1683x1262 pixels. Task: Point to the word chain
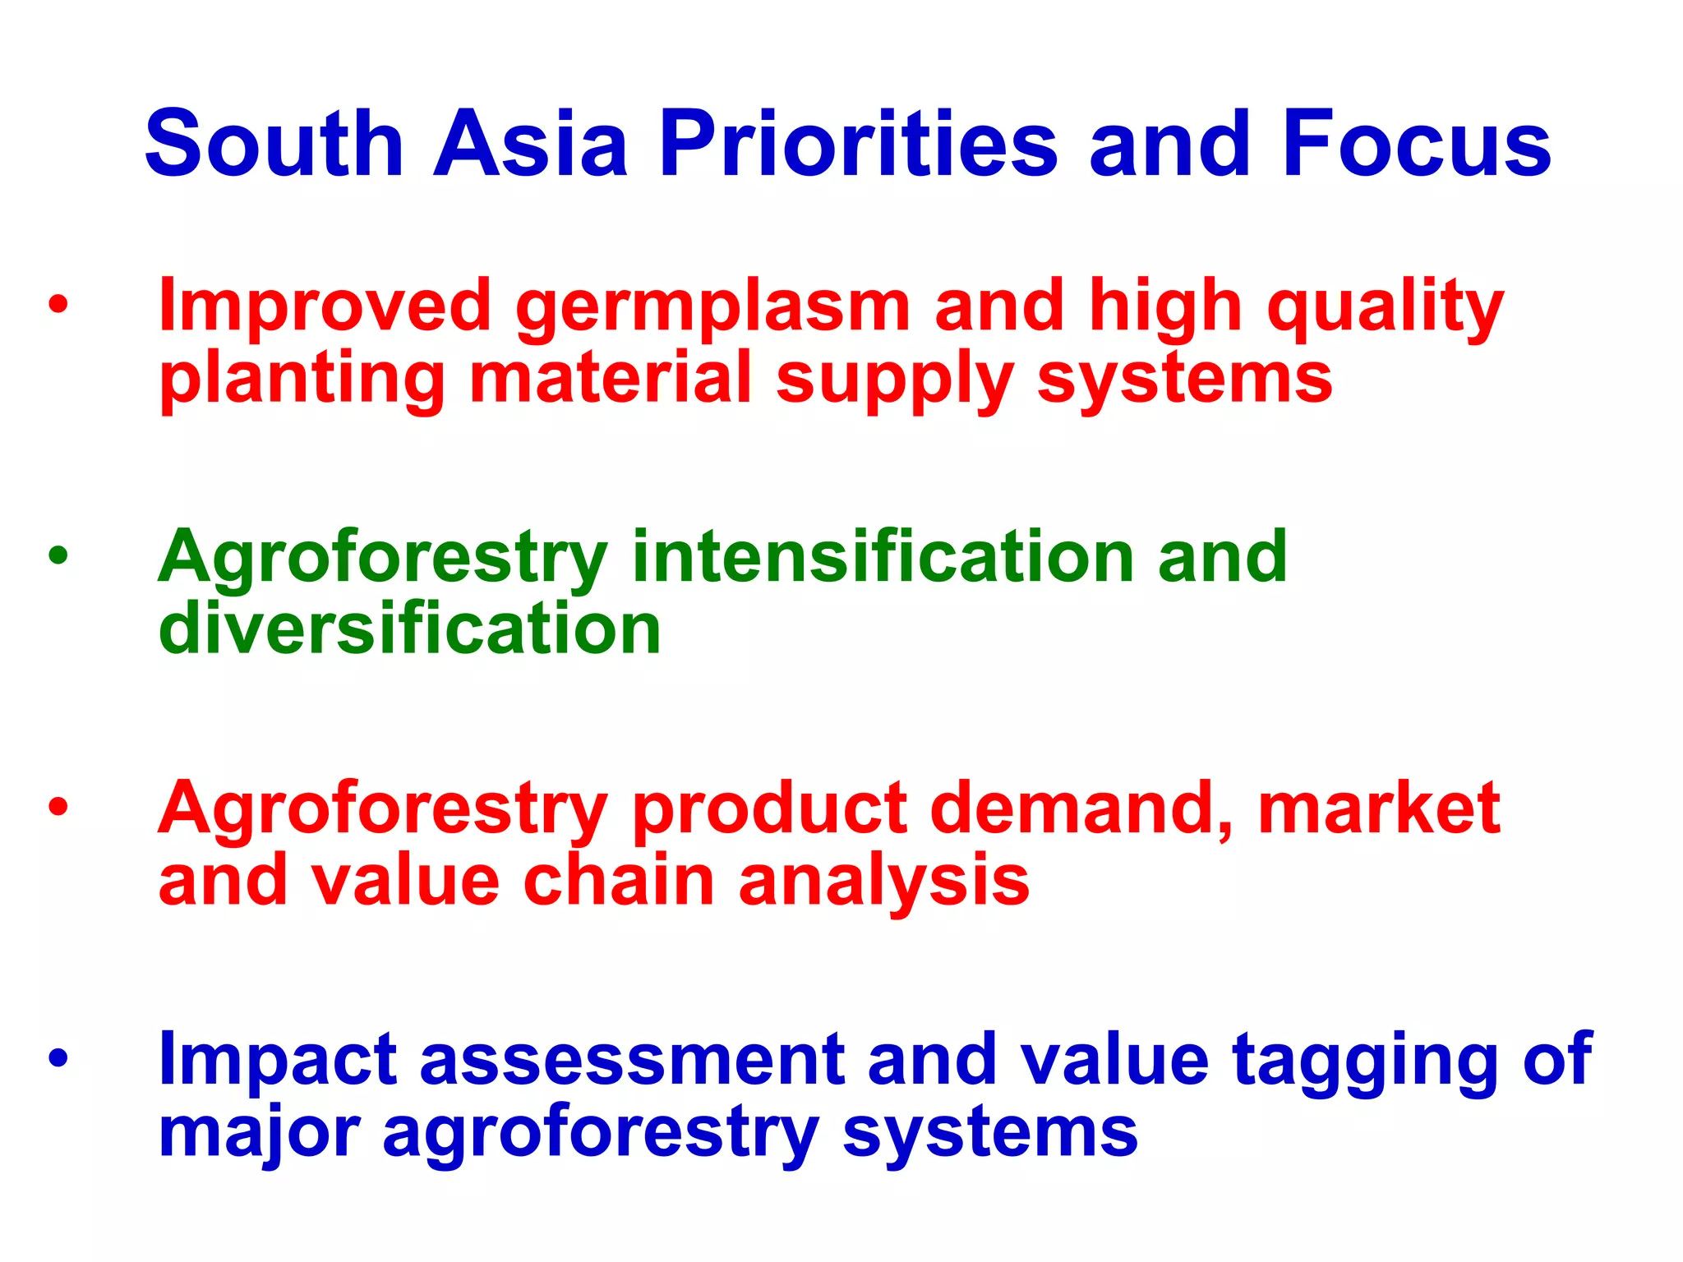coord(619,880)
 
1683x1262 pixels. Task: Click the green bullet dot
coord(58,556)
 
